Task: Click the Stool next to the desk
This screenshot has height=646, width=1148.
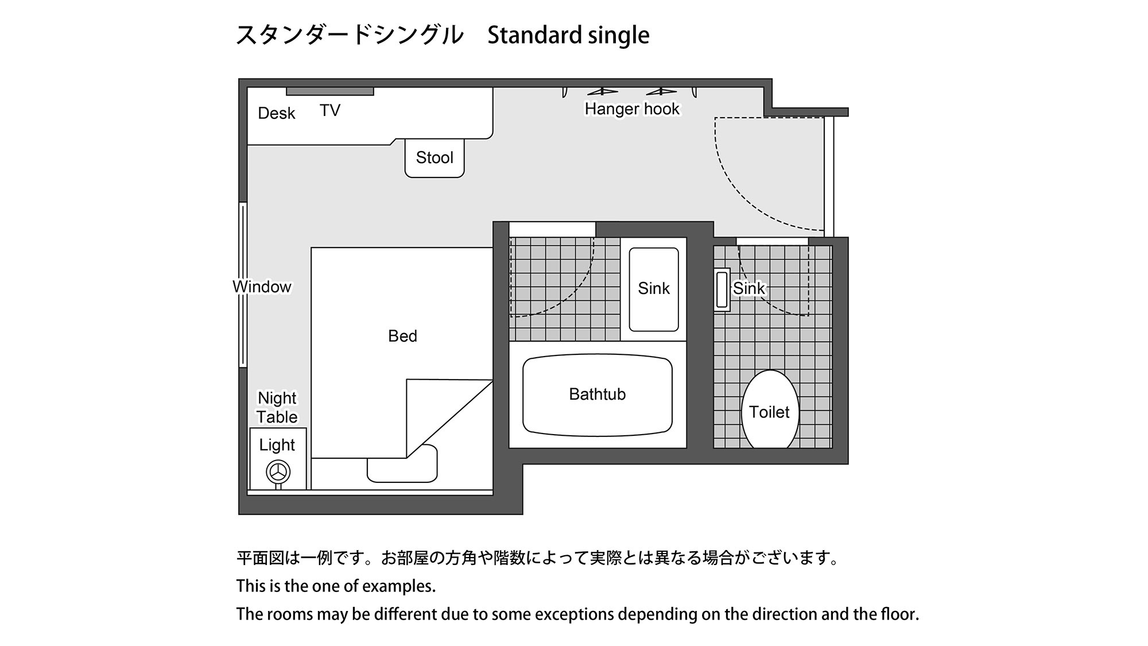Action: point(435,158)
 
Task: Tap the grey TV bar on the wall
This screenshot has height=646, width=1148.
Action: point(330,91)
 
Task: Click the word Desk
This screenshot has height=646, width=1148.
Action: point(276,113)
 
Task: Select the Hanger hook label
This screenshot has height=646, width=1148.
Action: point(632,109)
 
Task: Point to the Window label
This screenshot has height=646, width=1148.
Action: point(262,287)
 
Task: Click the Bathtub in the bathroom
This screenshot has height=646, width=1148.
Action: point(597,394)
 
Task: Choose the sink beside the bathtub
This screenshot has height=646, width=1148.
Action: point(654,289)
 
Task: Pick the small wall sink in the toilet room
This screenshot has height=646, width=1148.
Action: point(722,289)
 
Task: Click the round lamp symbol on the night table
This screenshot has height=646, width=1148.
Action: point(278,472)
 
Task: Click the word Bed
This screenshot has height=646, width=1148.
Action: point(402,336)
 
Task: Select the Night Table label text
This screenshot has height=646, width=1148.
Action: point(277,407)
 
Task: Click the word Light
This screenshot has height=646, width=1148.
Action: point(277,444)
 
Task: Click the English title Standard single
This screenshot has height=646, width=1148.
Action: point(568,36)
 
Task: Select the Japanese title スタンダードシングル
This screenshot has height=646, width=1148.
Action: point(350,36)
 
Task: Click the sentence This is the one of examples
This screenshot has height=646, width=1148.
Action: point(336,586)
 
